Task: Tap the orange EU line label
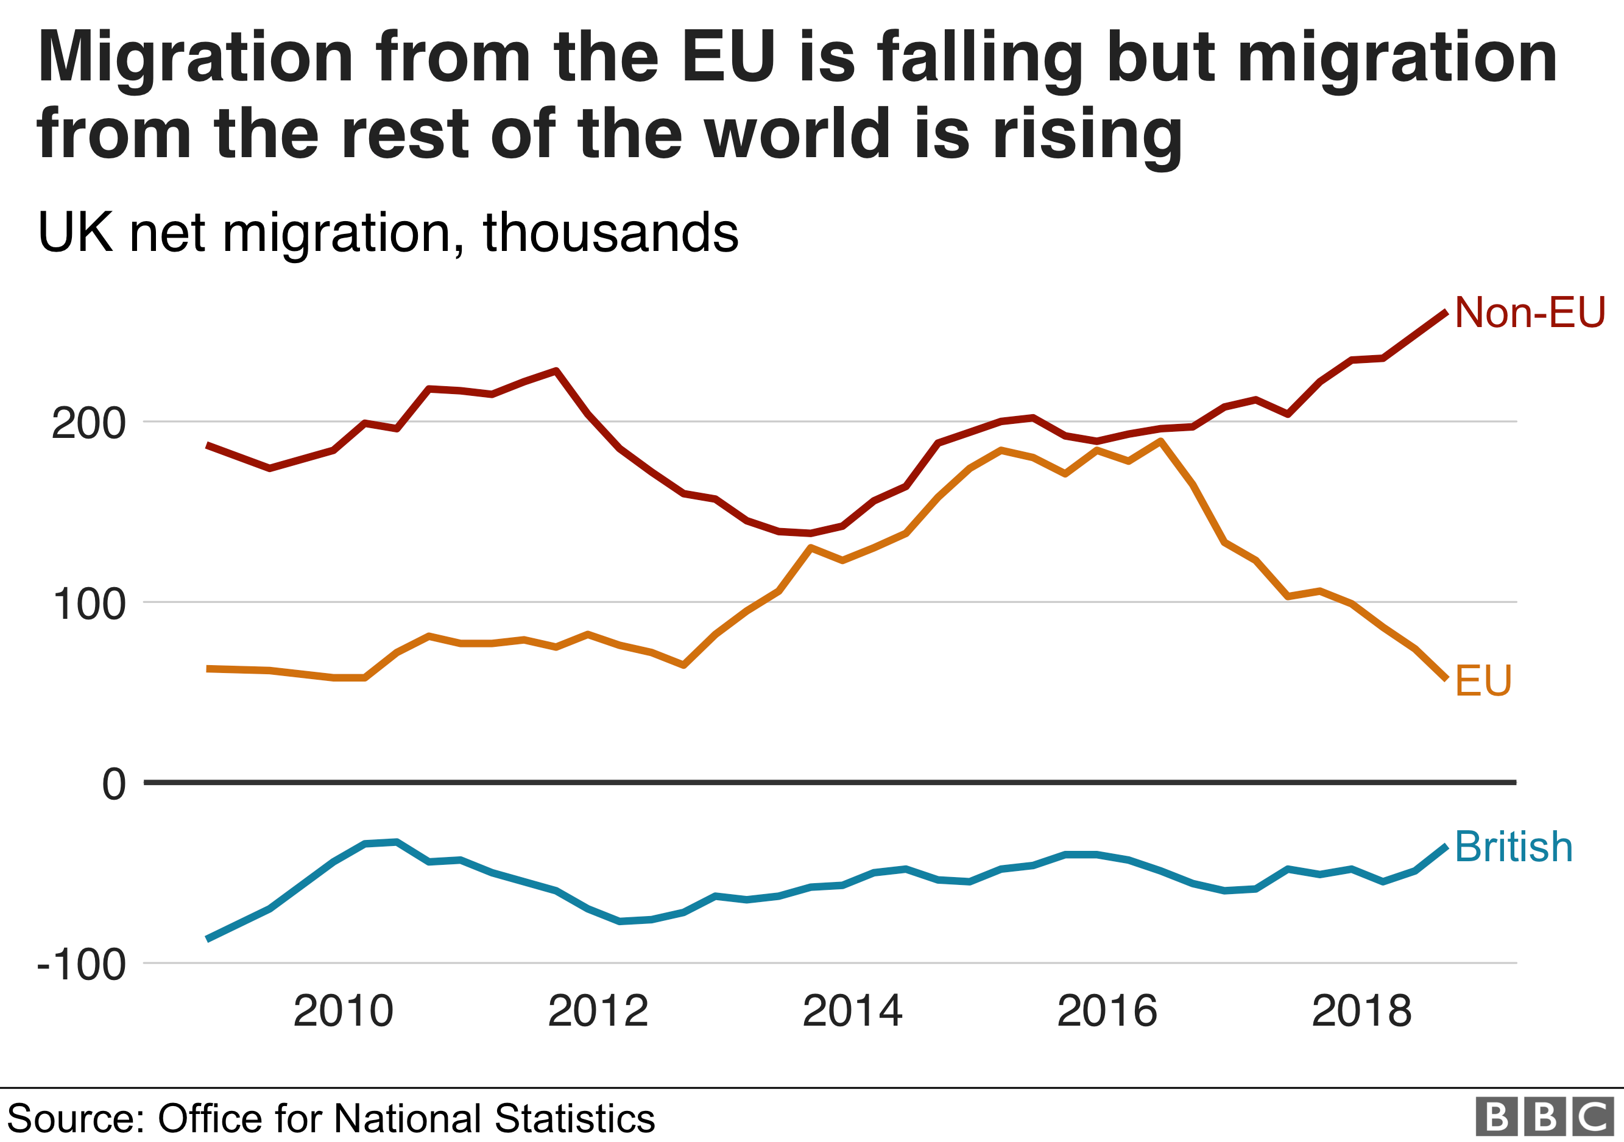(1483, 681)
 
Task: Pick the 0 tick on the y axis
(114, 784)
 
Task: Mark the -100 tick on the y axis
(82, 965)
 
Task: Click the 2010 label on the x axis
(343, 1011)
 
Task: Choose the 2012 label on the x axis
(598, 1011)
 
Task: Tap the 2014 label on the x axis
(852, 1011)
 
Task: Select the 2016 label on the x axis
(1107, 1011)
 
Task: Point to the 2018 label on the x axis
(1361, 1011)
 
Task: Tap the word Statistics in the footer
(574, 1119)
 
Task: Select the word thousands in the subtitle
(610, 233)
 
